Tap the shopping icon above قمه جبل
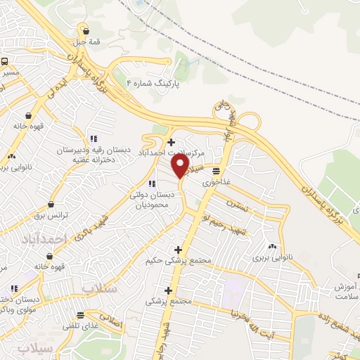[86, 30]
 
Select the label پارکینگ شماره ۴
[153, 83]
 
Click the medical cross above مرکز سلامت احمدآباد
[172, 142]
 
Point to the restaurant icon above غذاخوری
[216, 170]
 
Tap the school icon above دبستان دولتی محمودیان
[152, 184]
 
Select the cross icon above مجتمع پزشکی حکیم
[178, 250]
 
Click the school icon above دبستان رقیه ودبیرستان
[94, 139]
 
